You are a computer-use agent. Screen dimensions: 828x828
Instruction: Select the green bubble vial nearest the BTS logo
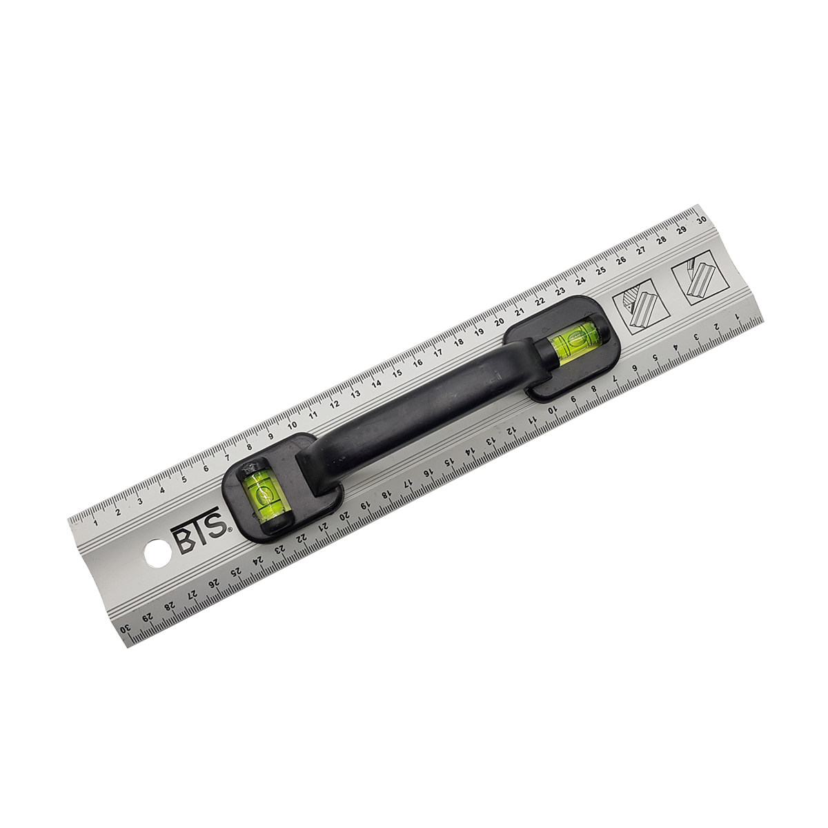coord(260,495)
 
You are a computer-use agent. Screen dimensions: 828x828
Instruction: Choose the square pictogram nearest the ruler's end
coord(700,278)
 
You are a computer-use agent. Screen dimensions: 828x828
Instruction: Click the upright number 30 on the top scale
coord(702,220)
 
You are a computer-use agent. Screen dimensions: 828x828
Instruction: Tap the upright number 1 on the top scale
coord(95,523)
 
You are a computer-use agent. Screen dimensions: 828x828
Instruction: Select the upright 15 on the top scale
coord(397,373)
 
